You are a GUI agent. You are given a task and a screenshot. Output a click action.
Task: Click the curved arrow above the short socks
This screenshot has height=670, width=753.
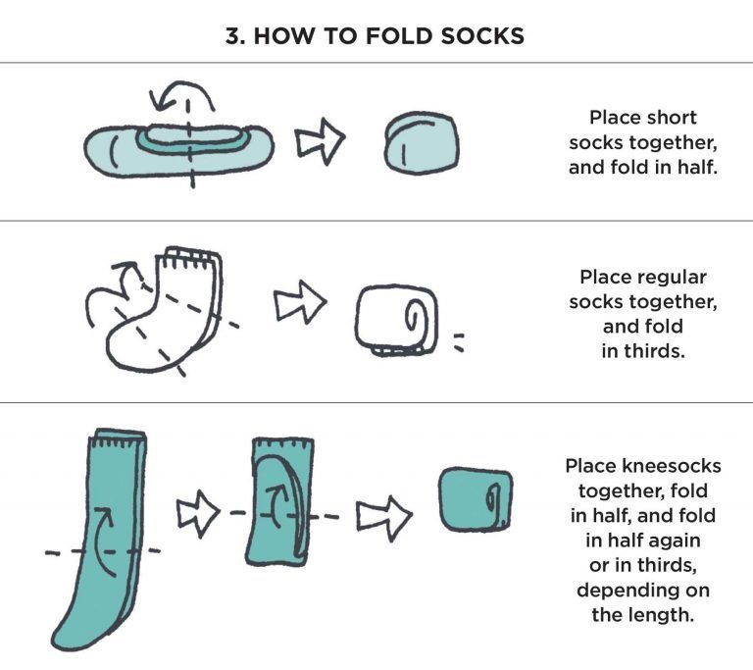[182, 96]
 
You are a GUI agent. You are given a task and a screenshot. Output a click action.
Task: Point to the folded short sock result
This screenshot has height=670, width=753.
[422, 143]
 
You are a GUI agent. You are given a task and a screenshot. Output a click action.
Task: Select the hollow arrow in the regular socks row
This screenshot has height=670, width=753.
[299, 306]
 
